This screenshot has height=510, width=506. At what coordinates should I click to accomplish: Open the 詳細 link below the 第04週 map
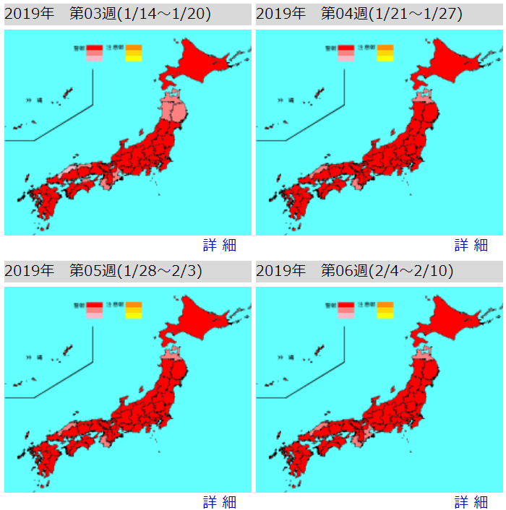click(x=471, y=245)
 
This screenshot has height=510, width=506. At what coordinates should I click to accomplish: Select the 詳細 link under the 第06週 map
click(x=471, y=502)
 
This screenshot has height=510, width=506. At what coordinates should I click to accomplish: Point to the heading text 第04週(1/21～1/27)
click(x=392, y=14)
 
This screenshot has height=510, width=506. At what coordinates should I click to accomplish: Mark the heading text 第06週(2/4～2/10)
click(x=387, y=271)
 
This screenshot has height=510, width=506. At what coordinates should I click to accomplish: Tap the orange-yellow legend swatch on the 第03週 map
click(x=134, y=53)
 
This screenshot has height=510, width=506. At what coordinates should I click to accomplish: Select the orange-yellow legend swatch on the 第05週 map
click(x=134, y=310)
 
